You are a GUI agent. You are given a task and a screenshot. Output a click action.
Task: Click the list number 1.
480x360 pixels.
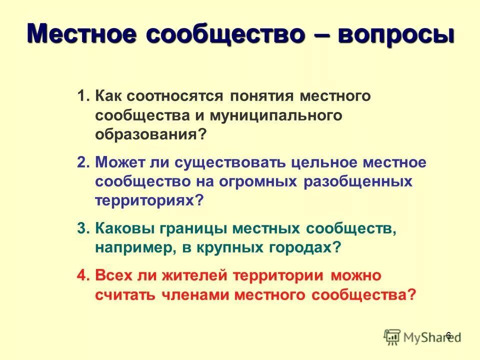coord(83,95)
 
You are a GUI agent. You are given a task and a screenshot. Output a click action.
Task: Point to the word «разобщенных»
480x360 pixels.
coord(357,181)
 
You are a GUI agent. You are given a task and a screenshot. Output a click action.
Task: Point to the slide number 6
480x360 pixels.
coord(448,335)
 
